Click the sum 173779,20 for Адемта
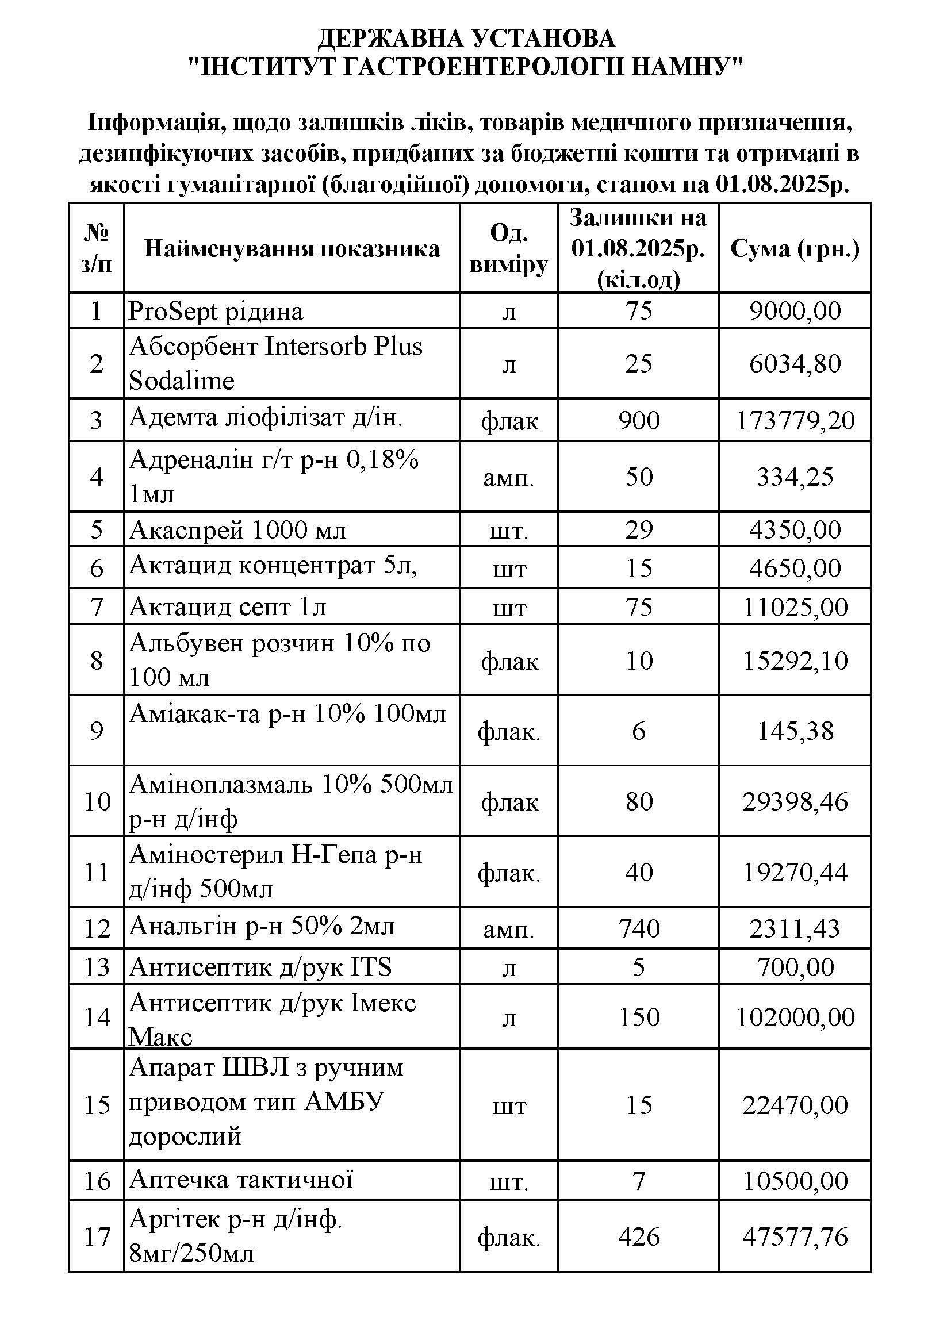[x=795, y=420]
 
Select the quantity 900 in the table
[x=638, y=420]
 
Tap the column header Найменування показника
[x=292, y=249]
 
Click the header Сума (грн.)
[x=795, y=249]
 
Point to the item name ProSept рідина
[x=216, y=311]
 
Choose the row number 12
[x=97, y=929]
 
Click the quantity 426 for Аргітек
[x=638, y=1237]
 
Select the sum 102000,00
[x=795, y=1017]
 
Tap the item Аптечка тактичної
[x=241, y=1180]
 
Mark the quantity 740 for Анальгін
[x=638, y=928]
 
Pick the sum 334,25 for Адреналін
[x=795, y=477]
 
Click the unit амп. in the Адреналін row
[x=508, y=478]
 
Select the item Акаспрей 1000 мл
[x=238, y=530]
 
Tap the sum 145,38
[x=795, y=731]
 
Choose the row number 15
[x=97, y=1105]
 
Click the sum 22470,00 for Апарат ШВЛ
[x=795, y=1105]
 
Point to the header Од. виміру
[x=508, y=249]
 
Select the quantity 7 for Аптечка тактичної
[x=638, y=1180]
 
